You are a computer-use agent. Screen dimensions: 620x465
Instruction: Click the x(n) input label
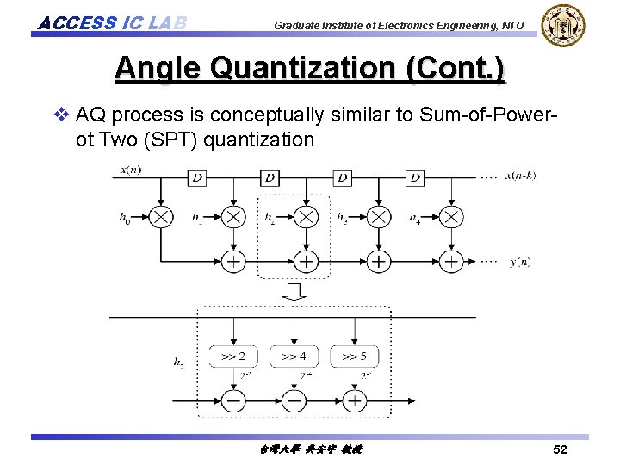point(132,170)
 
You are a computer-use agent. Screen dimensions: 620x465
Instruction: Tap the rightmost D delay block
point(416,177)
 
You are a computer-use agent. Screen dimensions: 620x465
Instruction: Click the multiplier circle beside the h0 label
point(161,217)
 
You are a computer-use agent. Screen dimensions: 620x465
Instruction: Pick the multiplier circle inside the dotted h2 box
point(306,217)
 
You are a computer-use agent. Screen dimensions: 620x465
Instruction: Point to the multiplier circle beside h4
point(450,217)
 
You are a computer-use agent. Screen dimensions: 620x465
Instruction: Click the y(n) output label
point(520,262)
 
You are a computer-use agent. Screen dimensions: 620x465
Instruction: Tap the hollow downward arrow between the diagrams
point(294,293)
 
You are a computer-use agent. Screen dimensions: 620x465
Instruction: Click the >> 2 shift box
point(233,356)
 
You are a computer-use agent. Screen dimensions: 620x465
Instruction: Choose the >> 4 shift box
point(294,356)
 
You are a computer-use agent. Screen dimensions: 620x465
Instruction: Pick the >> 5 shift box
point(354,356)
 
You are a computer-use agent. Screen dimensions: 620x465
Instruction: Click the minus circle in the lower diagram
point(233,401)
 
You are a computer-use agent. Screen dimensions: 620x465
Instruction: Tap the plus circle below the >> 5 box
point(354,401)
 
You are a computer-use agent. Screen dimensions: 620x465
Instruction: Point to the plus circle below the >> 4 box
point(294,401)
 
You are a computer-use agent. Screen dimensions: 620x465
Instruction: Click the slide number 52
point(560,450)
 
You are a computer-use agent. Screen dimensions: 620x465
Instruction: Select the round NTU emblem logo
point(564,25)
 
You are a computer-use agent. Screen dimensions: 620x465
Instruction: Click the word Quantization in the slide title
point(311,68)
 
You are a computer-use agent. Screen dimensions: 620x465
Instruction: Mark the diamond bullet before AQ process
point(60,114)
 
